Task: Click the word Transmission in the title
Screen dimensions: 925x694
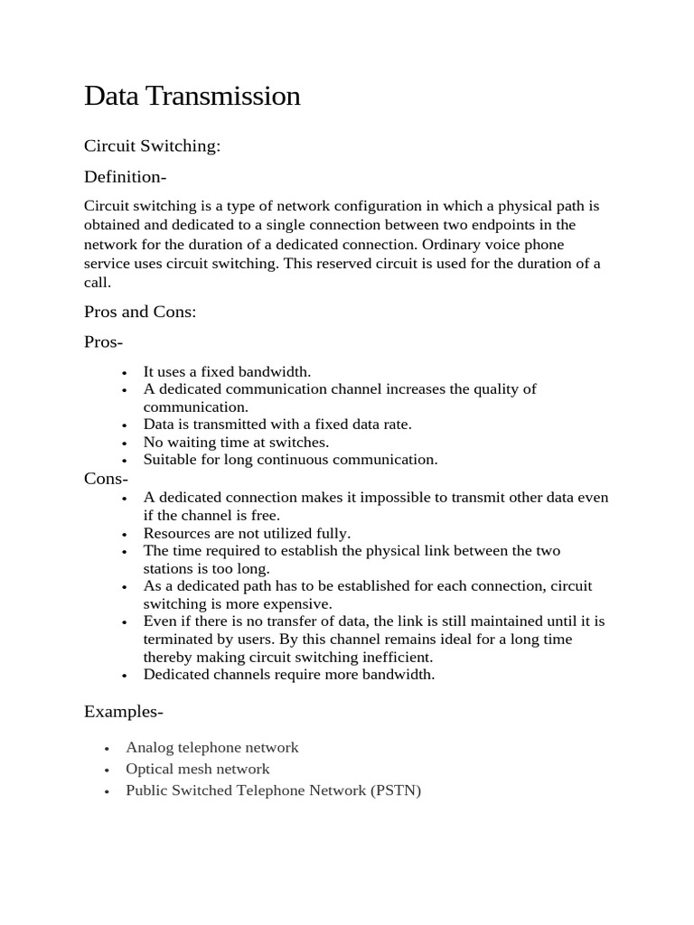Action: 222,96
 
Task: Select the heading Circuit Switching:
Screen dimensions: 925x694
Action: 152,145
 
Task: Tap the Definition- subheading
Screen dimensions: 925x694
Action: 126,176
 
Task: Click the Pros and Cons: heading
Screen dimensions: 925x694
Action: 140,312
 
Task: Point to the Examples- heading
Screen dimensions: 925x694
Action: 124,712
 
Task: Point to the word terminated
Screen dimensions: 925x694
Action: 179,639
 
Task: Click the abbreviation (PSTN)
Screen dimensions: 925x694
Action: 396,790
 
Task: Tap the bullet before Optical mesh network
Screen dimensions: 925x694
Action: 107,771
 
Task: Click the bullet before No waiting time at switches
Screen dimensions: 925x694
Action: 124,444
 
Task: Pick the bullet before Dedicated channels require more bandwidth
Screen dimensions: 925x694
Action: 124,676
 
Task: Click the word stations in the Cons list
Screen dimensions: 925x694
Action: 169,568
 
